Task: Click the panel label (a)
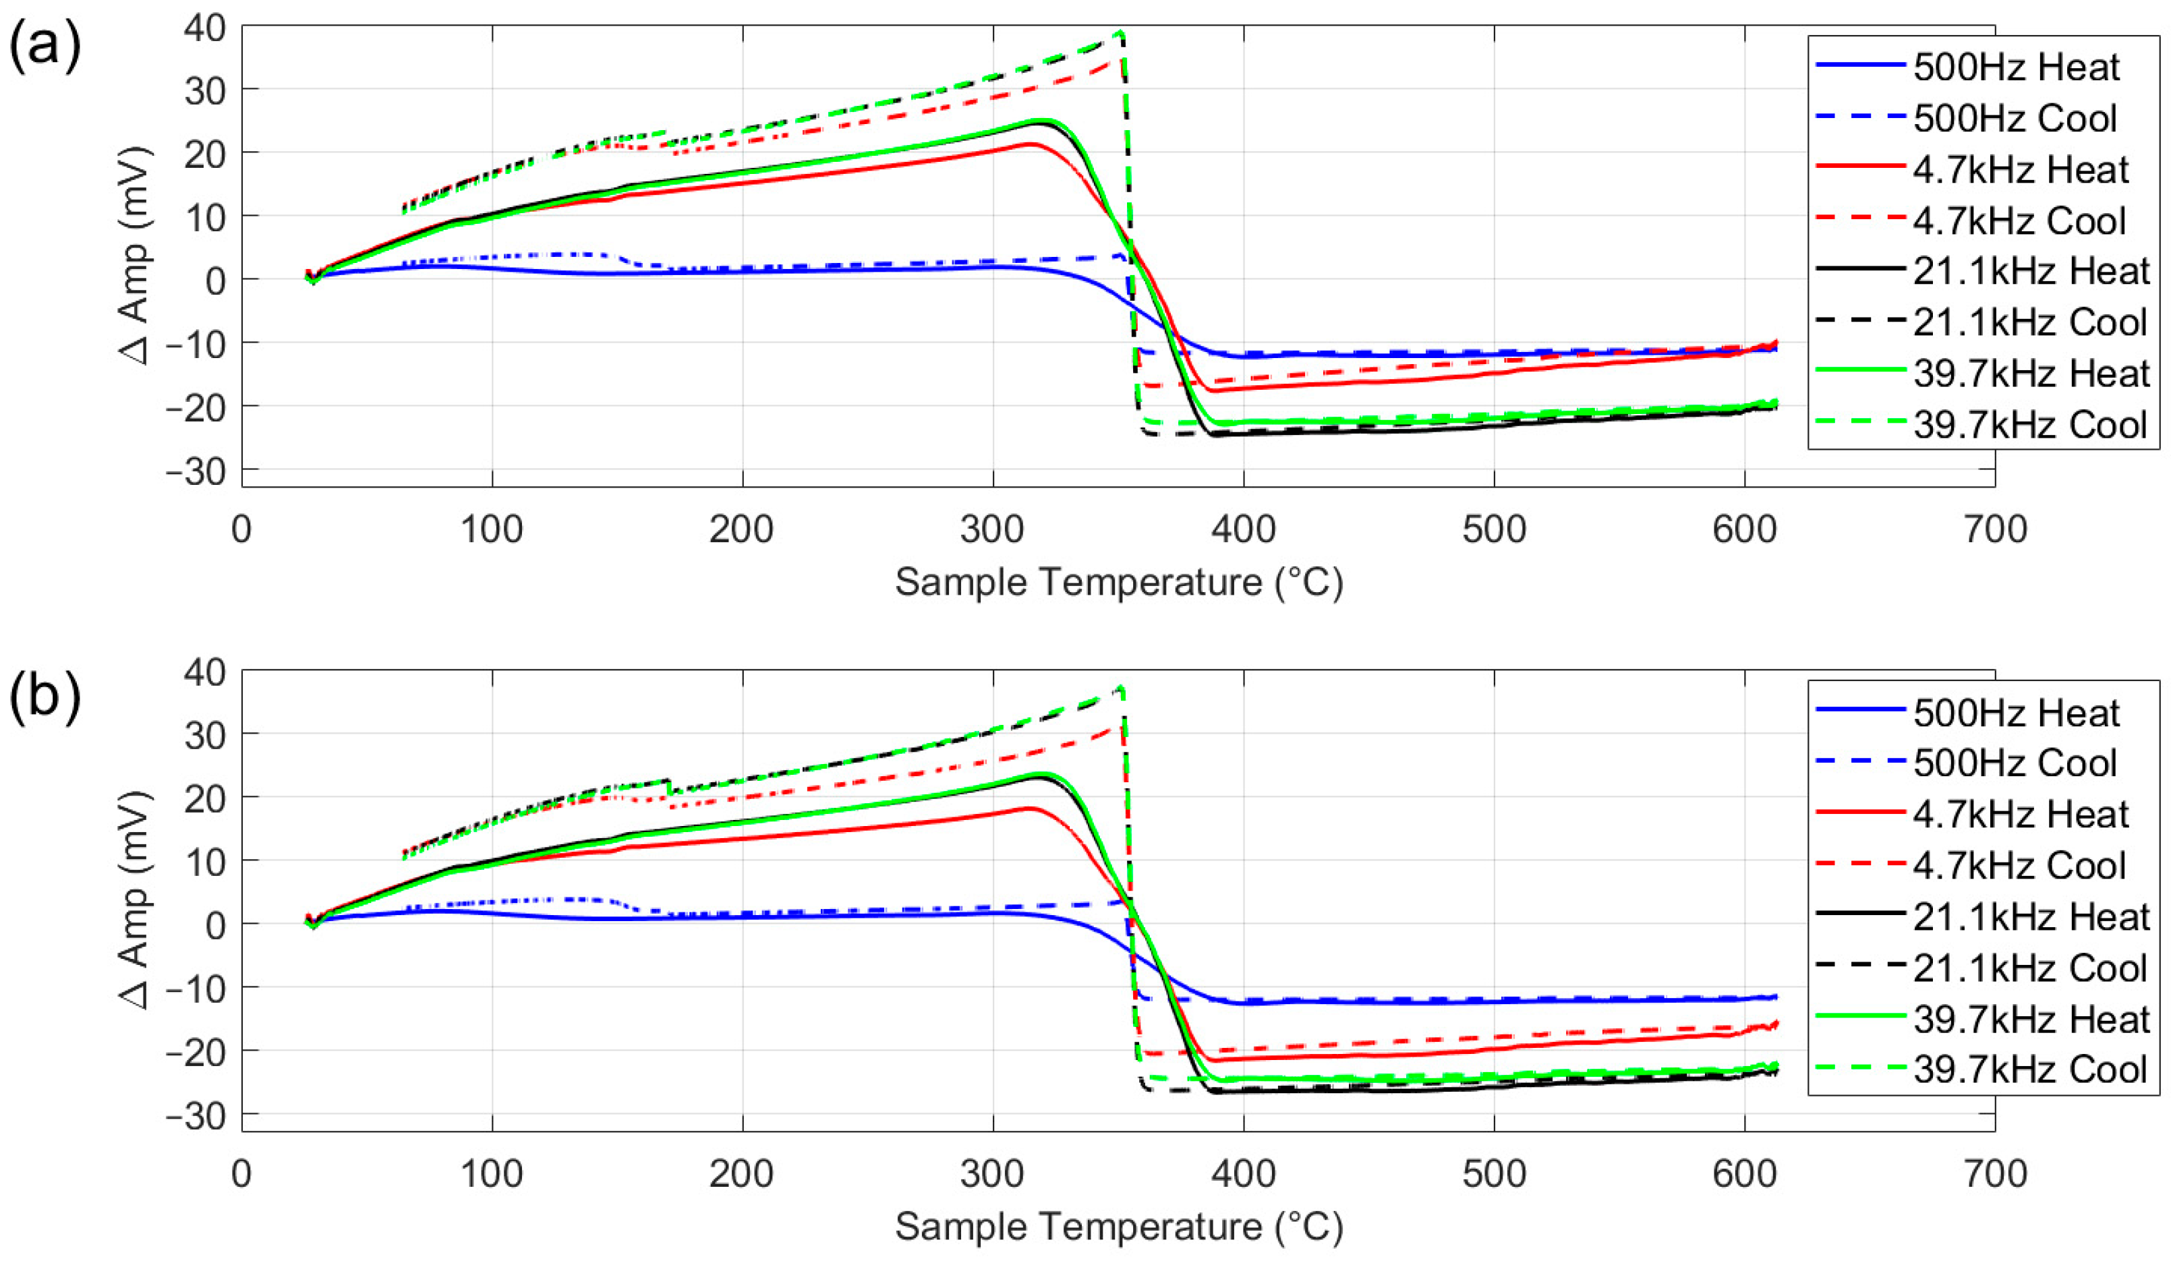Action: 45,45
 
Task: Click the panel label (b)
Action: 45,695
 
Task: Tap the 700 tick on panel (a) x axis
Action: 1995,529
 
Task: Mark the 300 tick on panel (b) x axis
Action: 993,1173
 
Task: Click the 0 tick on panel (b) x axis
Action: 241,1173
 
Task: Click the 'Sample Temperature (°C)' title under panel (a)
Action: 1118,583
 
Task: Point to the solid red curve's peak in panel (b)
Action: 1031,807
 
